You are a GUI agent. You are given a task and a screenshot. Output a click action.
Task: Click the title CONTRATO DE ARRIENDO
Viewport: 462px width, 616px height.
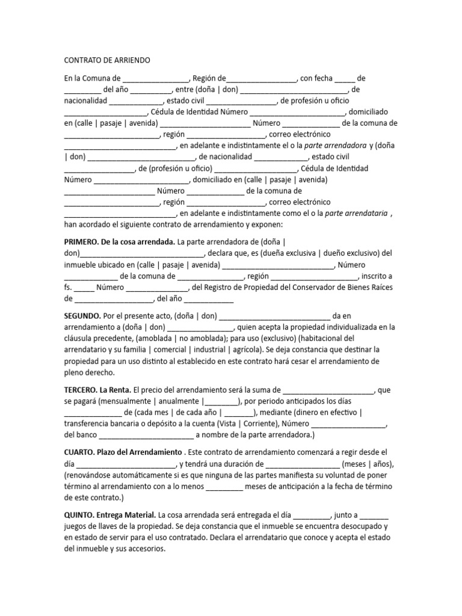[x=107, y=61]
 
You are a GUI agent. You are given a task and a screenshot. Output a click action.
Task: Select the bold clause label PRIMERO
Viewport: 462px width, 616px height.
[x=81, y=242]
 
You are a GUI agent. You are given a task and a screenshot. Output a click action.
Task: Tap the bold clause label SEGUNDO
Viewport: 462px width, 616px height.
[x=82, y=316]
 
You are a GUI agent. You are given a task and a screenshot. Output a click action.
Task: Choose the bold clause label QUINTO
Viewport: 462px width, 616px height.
[x=81, y=515]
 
